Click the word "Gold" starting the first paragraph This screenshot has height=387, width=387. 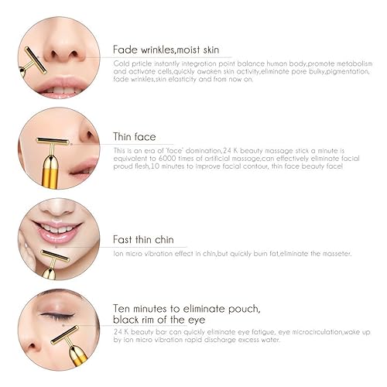click(x=120, y=62)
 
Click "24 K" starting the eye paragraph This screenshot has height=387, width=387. click(x=120, y=331)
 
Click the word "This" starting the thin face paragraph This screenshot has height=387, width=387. click(x=120, y=149)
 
